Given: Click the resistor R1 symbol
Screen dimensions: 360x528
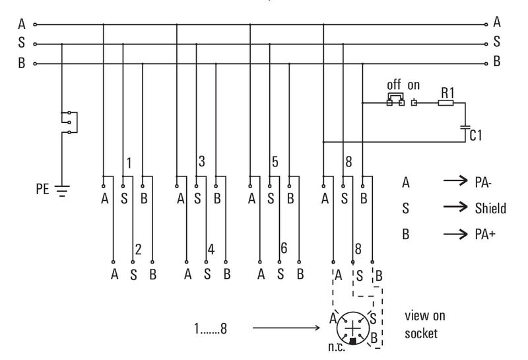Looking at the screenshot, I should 446,102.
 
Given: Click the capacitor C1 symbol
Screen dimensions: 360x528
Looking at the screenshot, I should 465,126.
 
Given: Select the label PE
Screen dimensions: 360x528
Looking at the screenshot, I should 42,190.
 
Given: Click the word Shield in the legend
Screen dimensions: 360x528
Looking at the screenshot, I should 490,209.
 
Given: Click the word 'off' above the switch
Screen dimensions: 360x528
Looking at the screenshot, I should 394,86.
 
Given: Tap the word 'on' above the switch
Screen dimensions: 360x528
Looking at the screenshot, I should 414,86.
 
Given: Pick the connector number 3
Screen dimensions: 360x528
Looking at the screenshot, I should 203,161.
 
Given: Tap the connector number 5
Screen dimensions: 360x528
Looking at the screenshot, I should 275,161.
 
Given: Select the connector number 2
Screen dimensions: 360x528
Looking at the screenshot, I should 138,249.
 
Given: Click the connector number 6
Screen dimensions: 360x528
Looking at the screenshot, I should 284,249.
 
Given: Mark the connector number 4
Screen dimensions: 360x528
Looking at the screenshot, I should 211,249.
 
